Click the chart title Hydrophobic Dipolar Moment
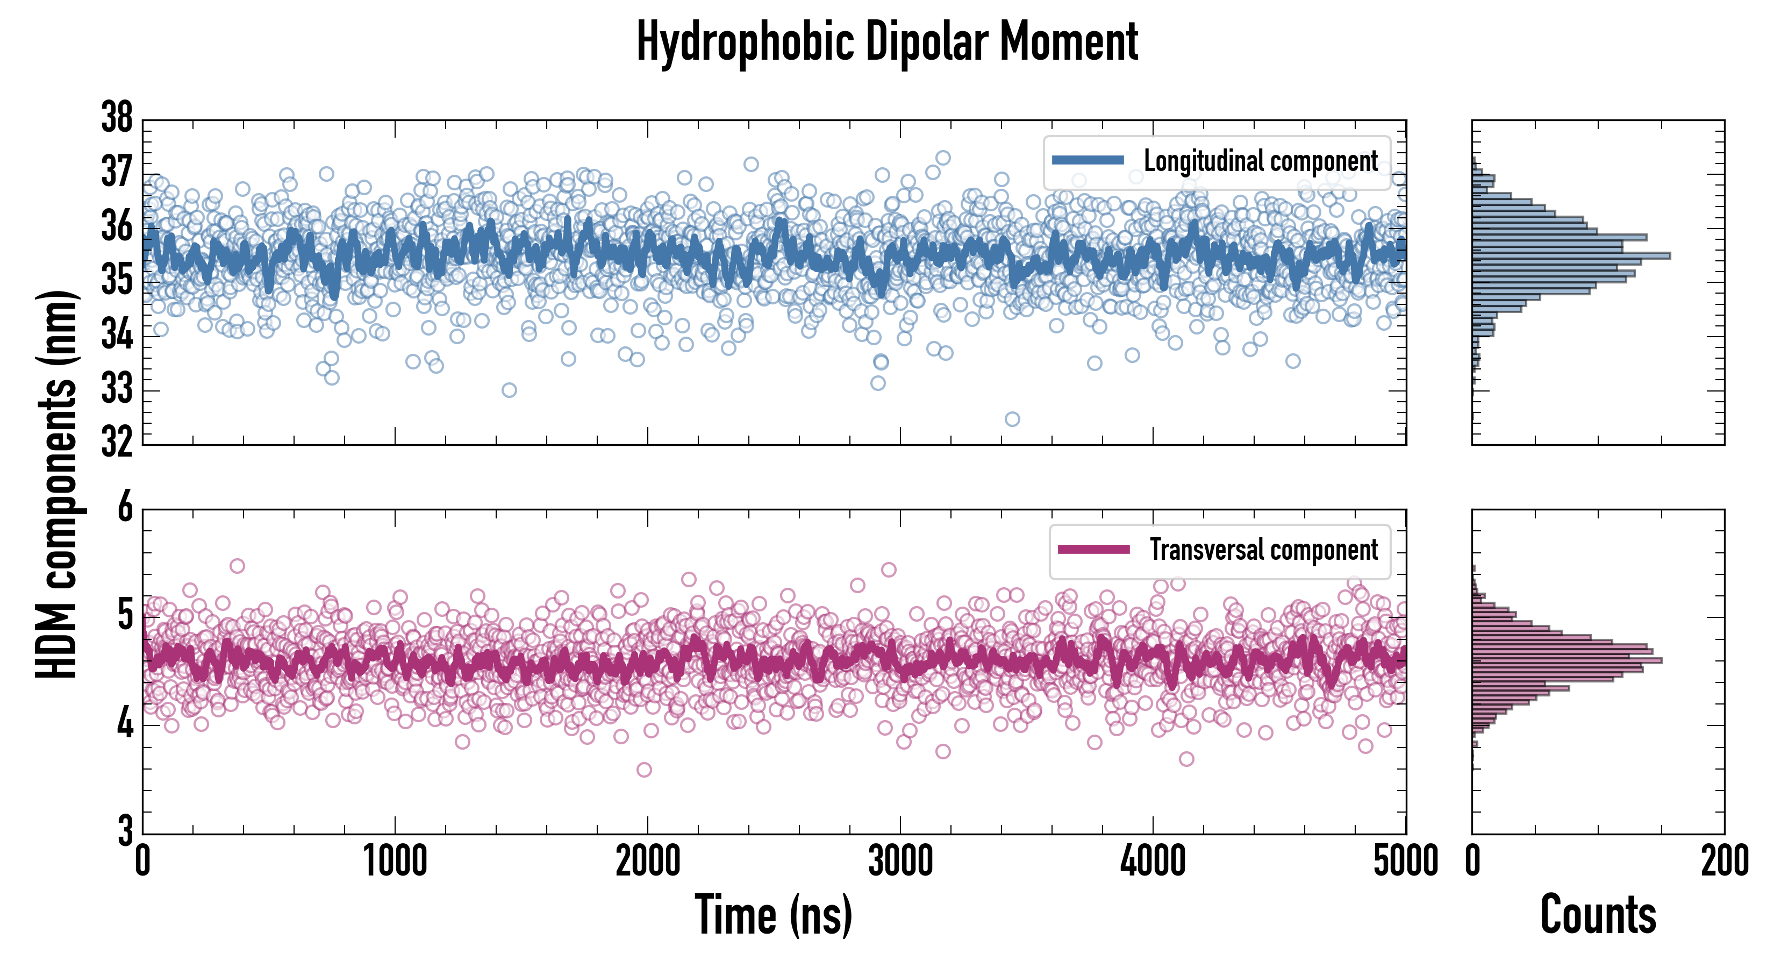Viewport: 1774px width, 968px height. click(x=887, y=41)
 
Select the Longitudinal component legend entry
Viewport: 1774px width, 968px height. click(x=1260, y=161)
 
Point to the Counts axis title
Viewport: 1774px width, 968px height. click(x=1598, y=915)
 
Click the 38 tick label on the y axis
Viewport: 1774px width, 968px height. click(x=117, y=118)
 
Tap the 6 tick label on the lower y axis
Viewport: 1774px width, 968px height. click(x=125, y=508)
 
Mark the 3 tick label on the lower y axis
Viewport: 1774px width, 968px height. click(x=125, y=831)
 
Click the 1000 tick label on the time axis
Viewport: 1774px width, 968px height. click(x=395, y=861)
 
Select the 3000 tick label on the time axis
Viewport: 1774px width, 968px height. click(x=900, y=861)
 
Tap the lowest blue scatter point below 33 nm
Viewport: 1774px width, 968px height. click(x=1012, y=419)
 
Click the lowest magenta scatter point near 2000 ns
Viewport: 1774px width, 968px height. click(x=644, y=770)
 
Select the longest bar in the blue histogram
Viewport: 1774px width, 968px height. click(x=1571, y=255)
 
